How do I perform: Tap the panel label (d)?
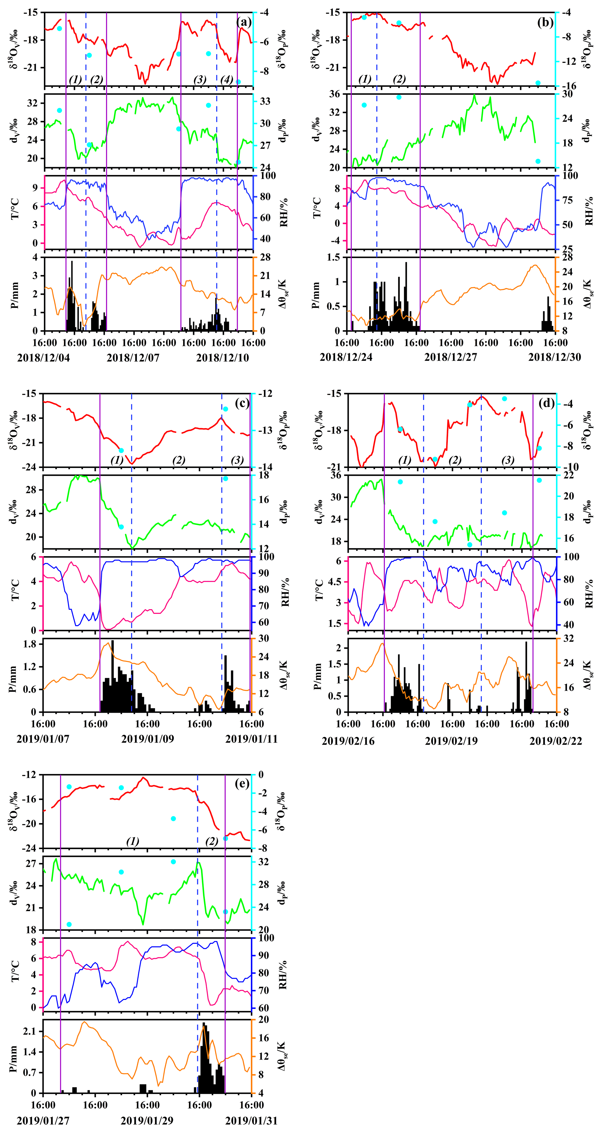click(x=546, y=403)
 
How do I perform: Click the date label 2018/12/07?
click(x=133, y=358)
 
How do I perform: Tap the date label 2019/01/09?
click(x=147, y=739)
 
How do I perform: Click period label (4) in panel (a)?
click(x=227, y=80)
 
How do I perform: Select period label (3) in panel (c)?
click(x=237, y=460)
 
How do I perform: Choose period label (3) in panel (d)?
click(x=508, y=460)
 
